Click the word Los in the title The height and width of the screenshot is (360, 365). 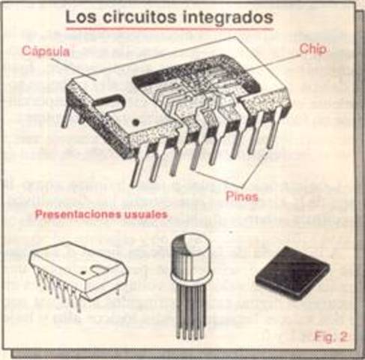[x=79, y=16]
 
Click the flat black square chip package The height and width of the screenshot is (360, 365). [x=292, y=271]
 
